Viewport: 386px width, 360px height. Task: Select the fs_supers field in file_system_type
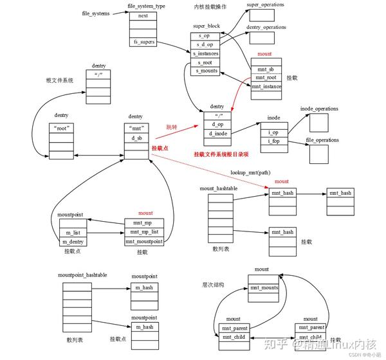click(143, 42)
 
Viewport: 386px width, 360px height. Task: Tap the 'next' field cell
click(143, 15)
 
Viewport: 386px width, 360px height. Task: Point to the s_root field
click(205, 62)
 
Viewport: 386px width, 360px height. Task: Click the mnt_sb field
click(266, 68)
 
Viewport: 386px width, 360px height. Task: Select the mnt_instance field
click(266, 86)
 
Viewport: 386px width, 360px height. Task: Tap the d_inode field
click(217, 133)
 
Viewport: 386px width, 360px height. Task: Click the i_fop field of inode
click(273, 141)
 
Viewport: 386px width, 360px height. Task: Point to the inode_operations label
click(319, 109)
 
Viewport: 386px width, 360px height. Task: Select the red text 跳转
click(172, 127)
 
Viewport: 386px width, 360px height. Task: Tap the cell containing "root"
click(61, 128)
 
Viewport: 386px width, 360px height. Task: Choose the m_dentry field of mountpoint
click(72, 241)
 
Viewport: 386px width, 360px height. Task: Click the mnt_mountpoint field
click(145, 240)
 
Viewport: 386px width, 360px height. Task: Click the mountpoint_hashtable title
click(82, 275)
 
